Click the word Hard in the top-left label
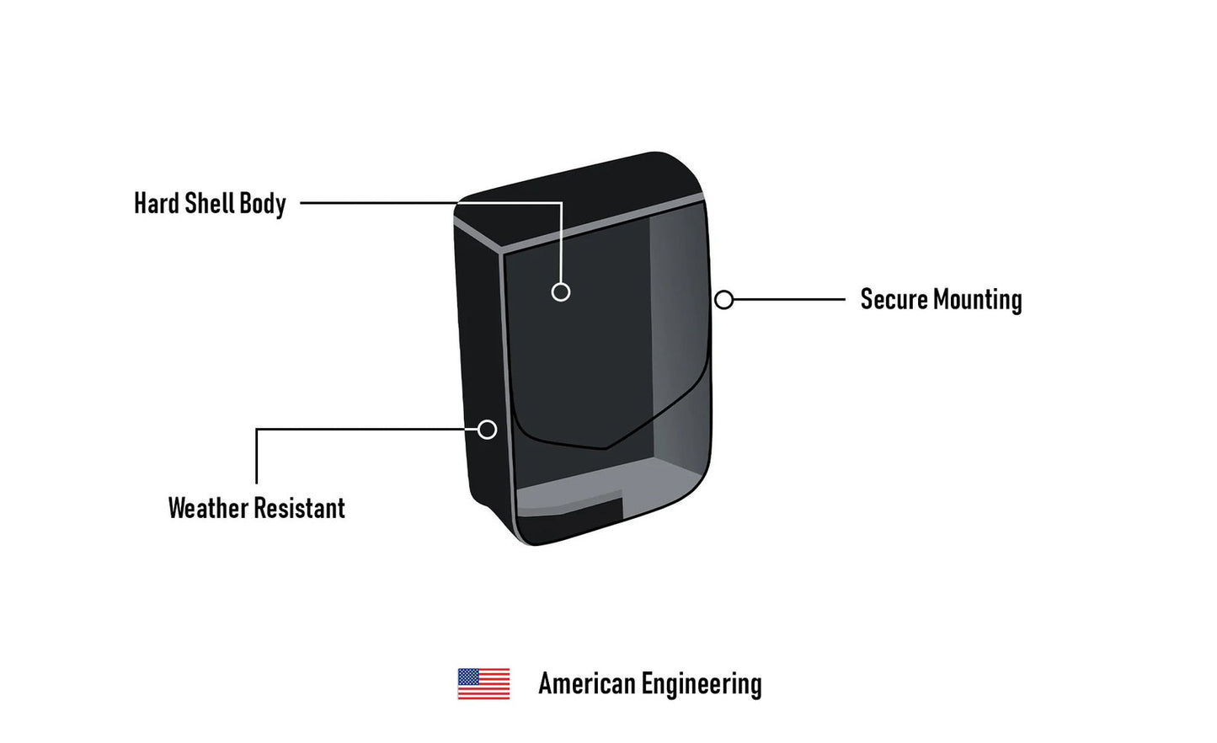(157, 203)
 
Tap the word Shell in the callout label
(209, 203)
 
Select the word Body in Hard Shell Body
(263, 205)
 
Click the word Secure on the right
(894, 299)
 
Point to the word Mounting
(978, 300)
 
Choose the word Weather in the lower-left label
(208, 508)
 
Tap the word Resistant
(300, 508)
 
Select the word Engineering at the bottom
(702, 685)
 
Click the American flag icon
(483, 684)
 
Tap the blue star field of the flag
(468, 676)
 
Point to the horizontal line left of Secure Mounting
(789, 300)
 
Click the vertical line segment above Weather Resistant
(256, 457)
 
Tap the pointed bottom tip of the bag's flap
(606, 449)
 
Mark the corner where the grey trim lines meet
(501, 252)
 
